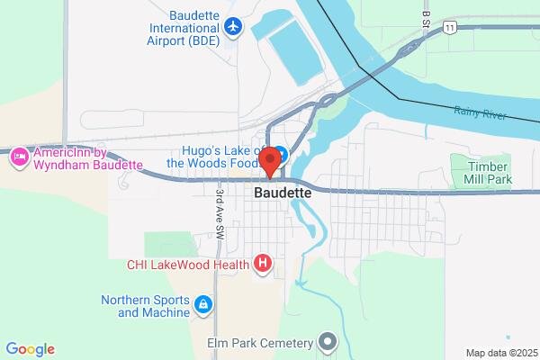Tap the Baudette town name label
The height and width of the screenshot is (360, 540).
283,193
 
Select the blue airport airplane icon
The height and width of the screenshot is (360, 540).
234,26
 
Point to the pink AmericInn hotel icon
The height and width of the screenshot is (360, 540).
18,158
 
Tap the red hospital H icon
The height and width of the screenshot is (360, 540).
263,264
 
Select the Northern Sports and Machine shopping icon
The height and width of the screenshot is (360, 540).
204,306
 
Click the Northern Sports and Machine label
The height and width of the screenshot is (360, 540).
144,306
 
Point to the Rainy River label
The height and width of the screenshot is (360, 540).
480,113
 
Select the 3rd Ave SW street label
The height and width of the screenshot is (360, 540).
219,213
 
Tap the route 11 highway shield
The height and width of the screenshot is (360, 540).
448,29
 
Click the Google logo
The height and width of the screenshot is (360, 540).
30,349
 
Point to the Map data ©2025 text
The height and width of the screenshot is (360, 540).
500,353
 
